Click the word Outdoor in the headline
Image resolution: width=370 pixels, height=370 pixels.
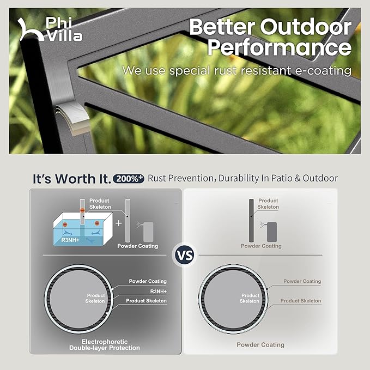pos(306,27)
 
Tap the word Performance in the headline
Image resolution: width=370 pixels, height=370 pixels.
pos(280,47)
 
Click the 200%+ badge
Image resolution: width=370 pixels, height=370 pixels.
pos(129,179)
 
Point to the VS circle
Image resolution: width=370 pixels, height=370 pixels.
pos(185,255)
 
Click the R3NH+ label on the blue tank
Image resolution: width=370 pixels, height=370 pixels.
pos(70,240)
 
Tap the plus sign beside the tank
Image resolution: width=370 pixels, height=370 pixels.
pos(119,223)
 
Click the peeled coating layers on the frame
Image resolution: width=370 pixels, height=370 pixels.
pos(72,118)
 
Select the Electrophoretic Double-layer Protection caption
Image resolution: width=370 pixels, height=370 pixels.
pos(105,345)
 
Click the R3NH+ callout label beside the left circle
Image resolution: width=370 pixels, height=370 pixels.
pos(159,292)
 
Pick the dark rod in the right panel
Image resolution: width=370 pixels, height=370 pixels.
pos(251,221)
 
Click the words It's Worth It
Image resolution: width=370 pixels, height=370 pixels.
pos(72,179)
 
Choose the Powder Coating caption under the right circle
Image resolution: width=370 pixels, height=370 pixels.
pos(260,345)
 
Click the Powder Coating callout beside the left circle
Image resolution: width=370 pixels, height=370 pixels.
pos(148,281)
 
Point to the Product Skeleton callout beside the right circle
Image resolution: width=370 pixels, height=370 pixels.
pos(301,301)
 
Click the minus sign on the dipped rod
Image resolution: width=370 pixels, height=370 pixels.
pos(82,210)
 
